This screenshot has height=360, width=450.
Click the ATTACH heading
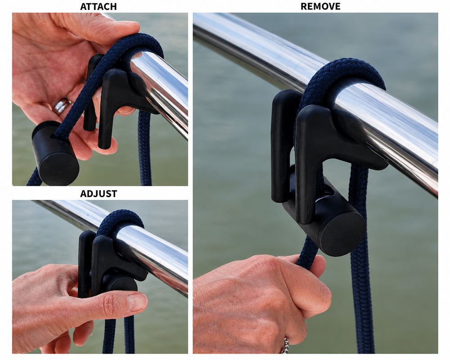[98, 7]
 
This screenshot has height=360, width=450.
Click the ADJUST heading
[99, 194]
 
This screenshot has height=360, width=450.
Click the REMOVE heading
[320, 6]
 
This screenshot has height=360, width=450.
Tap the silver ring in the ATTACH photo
[62, 106]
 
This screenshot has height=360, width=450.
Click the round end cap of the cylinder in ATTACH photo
[59, 169]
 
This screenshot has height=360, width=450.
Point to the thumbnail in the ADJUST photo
[137, 301]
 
